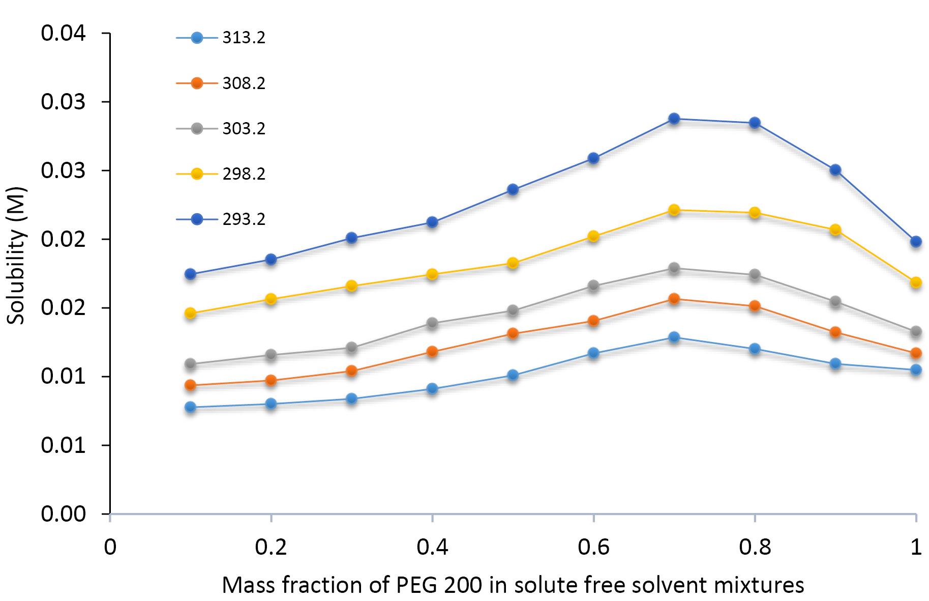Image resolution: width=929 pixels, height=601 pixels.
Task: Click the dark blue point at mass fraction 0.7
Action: pyautogui.click(x=674, y=119)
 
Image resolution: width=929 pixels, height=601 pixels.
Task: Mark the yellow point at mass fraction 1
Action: pyautogui.click(x=916, y=282)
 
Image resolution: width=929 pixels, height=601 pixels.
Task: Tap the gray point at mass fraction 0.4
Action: pyautogui.click(x=432, y=323)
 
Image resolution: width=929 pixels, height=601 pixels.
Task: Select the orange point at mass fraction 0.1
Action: pyautogui.click(x=190, y=385)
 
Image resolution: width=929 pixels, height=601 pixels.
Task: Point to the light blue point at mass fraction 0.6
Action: pyautogui.click(x=593, y=353)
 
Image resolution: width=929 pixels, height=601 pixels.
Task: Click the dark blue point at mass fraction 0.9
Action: pyautogui.click(x=835, y=170)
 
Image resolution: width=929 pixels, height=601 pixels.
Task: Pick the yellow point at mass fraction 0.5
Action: pyautogui.click(x=513, y=263)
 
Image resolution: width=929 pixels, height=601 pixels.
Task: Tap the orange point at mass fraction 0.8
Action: pyautogui.click(x=755, y=306)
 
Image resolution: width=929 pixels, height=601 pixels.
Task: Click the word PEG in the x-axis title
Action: pyautogui.click(x=412, y=585)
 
